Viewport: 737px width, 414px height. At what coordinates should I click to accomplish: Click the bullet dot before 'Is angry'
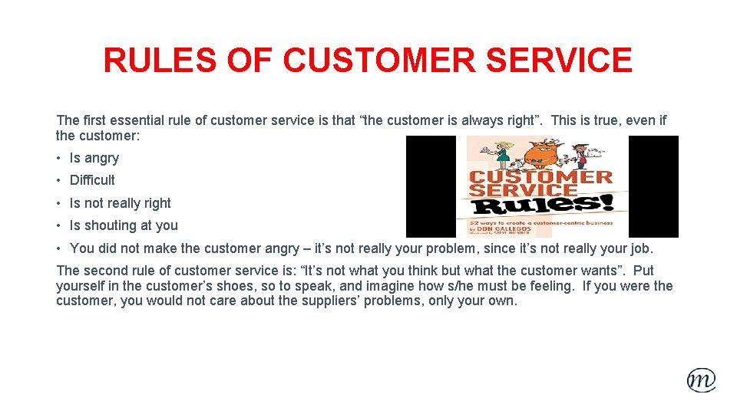(60, 159)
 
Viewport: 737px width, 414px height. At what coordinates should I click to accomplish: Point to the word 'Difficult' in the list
(92, 180)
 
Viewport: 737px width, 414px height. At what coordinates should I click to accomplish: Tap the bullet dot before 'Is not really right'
(60, 203)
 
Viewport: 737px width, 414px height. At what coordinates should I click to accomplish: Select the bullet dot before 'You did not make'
(60, 248)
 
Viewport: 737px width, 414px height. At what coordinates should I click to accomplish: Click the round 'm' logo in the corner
(701, 379)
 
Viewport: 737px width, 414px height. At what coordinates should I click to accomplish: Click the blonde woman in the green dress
(503, 155)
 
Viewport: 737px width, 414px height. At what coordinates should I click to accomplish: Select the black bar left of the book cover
(430, 186)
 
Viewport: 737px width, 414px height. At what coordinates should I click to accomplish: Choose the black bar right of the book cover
(653, 186)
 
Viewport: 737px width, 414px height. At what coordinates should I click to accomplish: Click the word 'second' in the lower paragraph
(104, 271)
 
